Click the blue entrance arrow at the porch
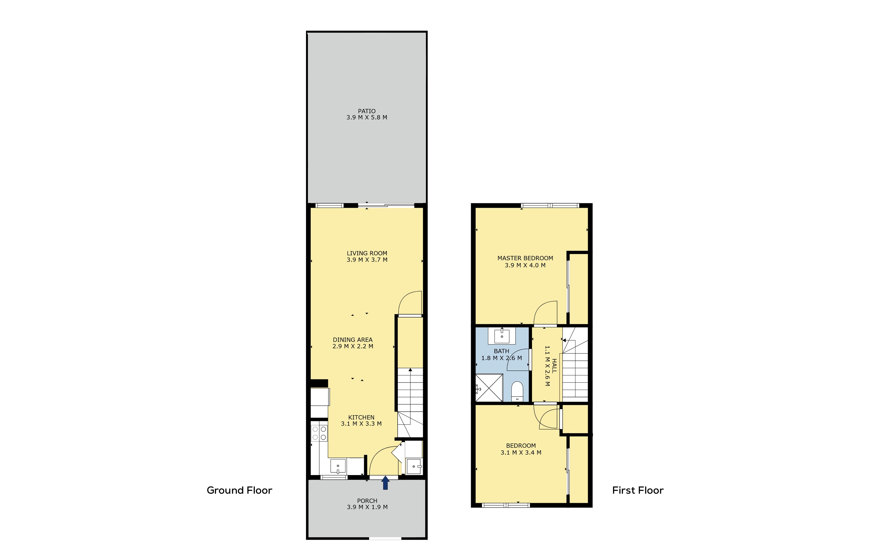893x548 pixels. pyautogui.click(x=385, y=483)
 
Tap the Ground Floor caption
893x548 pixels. pyautogui.click(x=239, y=490)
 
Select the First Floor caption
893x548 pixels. pyautogui.click(x=638, y=490)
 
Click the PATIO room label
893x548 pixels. pyautogui.click(x=367, y=111)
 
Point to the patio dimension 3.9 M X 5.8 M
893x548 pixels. pyautogui.click(x=367, y=117)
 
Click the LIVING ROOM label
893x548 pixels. pyautogui.click(x=367, y=253)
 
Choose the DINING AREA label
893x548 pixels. pyautogui.click(x=353, y=340)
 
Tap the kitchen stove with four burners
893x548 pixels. pyautogui.click(x=319, y=433)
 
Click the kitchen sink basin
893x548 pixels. pyautogui.click(x=338, y=466)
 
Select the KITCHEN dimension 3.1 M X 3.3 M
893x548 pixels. pyautogui.click(x=361, y=424)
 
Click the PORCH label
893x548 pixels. pyautogui.click(x=367, y=501)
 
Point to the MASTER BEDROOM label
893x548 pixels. pyautogui.click(x=525, y=258)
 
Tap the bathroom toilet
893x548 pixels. pyautogui.click(x=517, y=392)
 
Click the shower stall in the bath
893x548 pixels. pyautogui.click(x=489, y=388)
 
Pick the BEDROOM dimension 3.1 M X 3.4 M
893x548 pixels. pyautogui.click(x=521, y=453)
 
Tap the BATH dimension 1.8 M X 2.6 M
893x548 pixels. pyautogui.click(x=502, y=358)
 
